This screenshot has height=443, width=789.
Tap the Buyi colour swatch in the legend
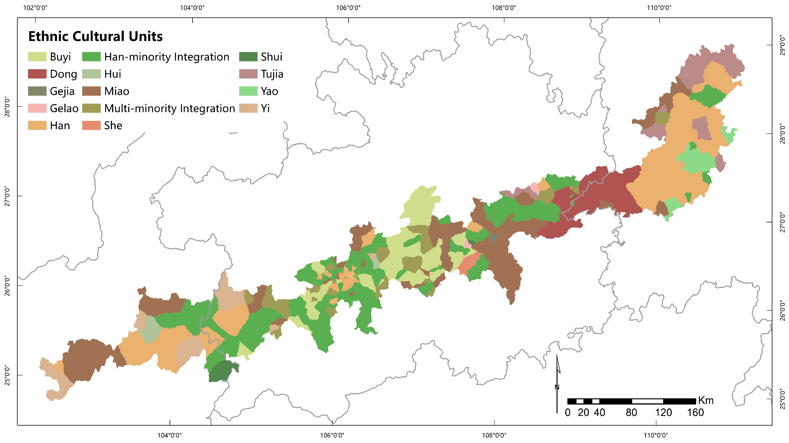pyautogui.click(x=37, y=57)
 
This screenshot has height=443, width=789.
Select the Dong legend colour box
pyautogui.click(x=37, y=74)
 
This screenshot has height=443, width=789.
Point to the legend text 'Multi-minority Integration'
pyautogui.click(x=169, y=108)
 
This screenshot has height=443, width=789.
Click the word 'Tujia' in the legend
pyautogui.click(x=272, y=74)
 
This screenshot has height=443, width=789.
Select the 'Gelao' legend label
pyautogui.click(x=64, y=108)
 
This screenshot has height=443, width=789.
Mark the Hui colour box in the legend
pyautogui.click(x=91, y=74)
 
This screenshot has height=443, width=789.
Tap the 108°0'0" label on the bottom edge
pyautogui.click(x=494, y=435)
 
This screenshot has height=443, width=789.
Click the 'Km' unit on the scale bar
pyautogui.click(x=706, y=400)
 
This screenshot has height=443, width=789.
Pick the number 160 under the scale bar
pyautogui.click(x=695, y=413)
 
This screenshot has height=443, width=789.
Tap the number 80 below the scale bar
pyautogui.click(x=631, y=413)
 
